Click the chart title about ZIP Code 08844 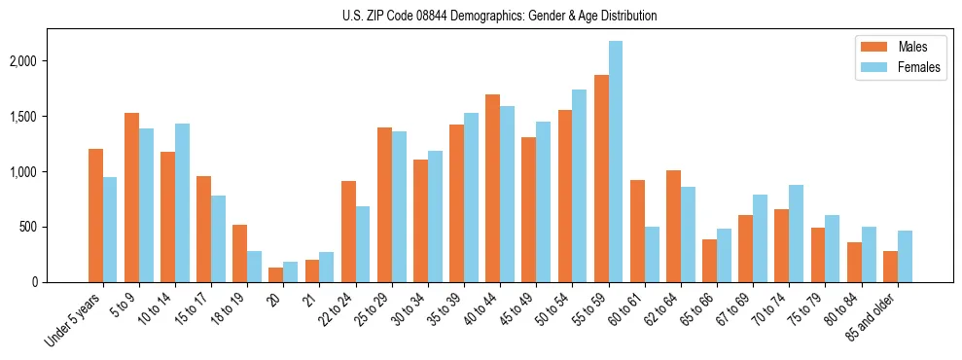[x=500, y=16]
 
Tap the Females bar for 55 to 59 [x=616, y=162]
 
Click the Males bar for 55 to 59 [x=601, y=178]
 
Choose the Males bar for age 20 [x=275, y=274]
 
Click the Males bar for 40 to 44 [x=492, y=188]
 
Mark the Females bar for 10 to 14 [x=182, y=202]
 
